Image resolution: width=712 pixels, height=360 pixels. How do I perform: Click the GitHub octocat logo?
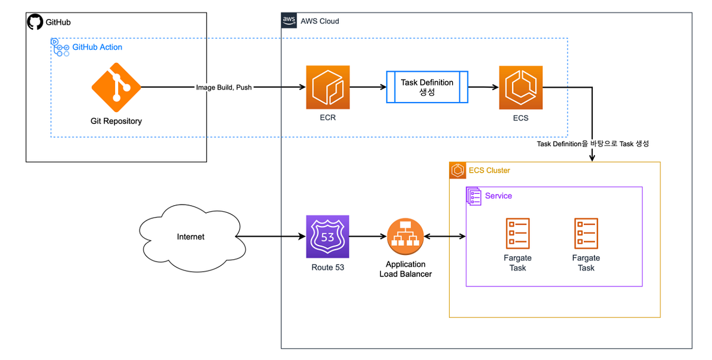[x=35, y=23]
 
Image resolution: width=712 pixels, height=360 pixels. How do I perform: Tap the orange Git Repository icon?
[x=116, y=87]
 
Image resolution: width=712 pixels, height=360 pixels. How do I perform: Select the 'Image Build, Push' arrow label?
[x=224, y=88]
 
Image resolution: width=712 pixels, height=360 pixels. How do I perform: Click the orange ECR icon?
[x=328, y=87]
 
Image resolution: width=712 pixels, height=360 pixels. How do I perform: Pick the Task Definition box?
[x=427, y=87]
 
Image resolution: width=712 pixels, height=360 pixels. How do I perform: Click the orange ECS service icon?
[x=521, y=88]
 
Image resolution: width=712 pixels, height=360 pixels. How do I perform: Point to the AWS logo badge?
[x=289, y=21]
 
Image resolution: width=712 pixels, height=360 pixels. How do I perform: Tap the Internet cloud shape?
[x=190, y=237]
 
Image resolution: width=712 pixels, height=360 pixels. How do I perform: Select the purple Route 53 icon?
[x=328, y=237]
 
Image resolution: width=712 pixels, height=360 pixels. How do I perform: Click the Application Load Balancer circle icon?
[x=405, y=237]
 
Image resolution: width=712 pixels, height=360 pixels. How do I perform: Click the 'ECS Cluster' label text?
[x=490, y=170]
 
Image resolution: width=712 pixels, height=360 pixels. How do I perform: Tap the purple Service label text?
[x=498, y=196]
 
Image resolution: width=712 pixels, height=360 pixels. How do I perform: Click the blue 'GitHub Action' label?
[x=97, y=47]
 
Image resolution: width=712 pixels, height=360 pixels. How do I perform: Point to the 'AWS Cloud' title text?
[x=320, y=21]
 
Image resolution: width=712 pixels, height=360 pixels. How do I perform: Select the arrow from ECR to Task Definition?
[x=368, y=88]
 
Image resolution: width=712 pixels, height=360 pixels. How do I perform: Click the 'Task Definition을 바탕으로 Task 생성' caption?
[x=594, y=144]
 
